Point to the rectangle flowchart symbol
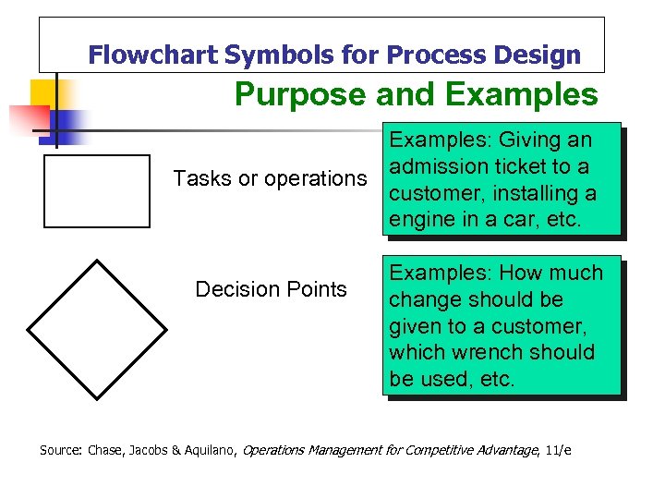tap(96, 190)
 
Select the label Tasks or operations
tap(270, 178)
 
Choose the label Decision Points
tap(271, 289)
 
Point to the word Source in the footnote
tap(60, 450)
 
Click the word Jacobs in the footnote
tap(147, 450)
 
